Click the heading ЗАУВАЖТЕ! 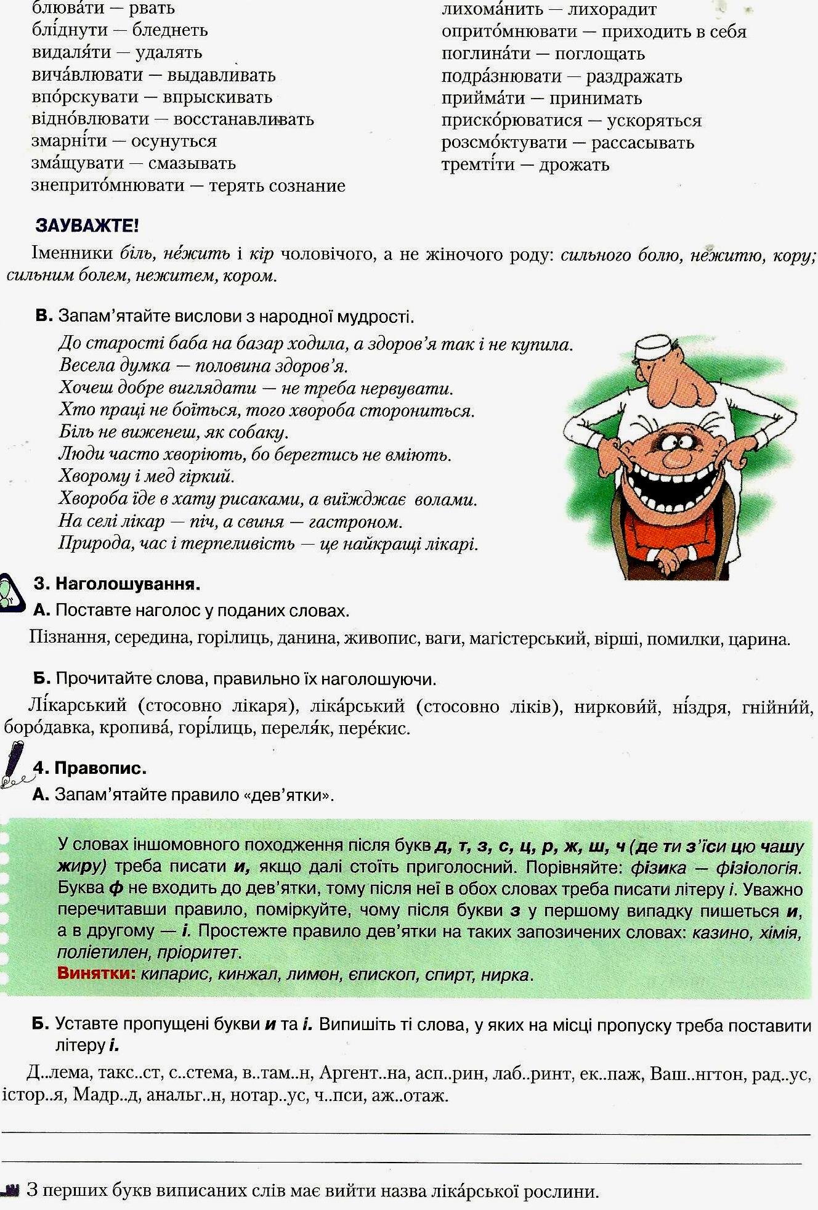click(87, 225)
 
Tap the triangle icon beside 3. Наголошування click(11, 592)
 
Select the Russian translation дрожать click(574, 164)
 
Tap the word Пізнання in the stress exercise click(68, 638)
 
